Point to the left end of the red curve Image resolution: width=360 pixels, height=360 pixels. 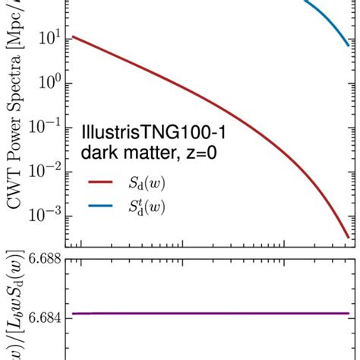tap(73, 36)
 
